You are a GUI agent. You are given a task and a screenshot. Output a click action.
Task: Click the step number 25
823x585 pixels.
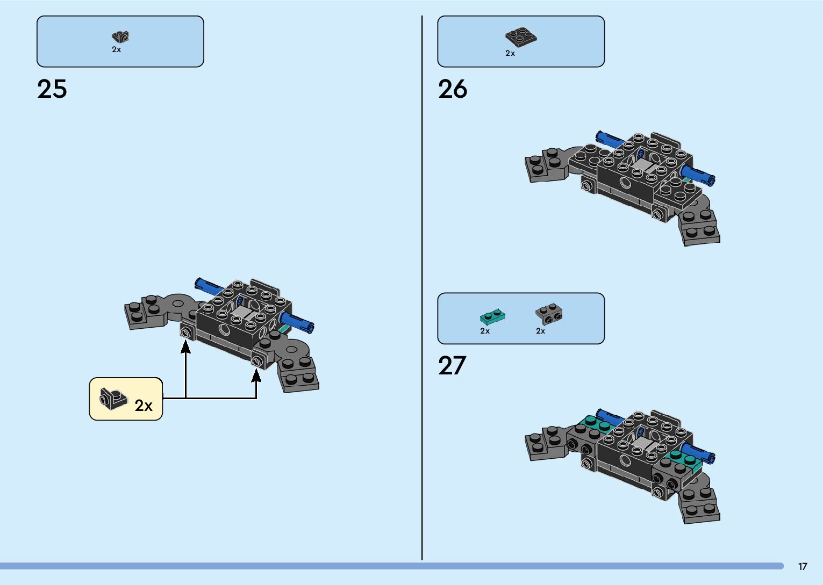[52, 89]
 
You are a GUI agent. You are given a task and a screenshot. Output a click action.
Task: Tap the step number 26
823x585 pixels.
[453, 89]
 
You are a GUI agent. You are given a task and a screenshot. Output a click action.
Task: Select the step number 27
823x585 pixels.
[452, 366]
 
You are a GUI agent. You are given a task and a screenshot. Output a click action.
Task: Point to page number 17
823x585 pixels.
[802, 566]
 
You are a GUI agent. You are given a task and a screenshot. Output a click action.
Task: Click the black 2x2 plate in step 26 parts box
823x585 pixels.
[520, 37]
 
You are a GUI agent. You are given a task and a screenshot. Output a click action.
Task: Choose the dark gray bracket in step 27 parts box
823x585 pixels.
[549, 314]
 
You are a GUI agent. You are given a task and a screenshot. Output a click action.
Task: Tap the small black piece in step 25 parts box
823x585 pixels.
[120, 37]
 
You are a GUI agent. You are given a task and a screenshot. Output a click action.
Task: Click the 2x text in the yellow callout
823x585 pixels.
[144, 406]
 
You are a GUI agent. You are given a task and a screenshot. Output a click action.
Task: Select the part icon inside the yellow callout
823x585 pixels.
[112, 399]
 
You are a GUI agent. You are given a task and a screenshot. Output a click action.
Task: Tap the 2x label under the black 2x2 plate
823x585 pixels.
[510, 53]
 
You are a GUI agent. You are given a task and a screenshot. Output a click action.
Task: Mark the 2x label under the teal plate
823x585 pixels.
[485, 331]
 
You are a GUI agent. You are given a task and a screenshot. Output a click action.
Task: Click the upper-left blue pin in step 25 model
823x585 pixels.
[206, 285]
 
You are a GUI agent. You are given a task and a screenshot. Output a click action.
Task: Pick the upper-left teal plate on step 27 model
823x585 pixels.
[595, 423]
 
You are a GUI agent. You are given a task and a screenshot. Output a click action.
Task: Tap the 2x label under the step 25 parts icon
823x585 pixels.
[117, 49]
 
